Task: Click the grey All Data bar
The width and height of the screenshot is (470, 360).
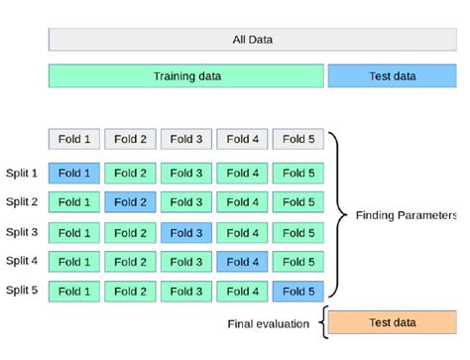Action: coord(252,40)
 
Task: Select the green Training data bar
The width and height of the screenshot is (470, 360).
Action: coord(186,76)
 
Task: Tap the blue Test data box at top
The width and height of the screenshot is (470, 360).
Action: coord(392,76)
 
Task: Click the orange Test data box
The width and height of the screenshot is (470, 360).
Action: coord(392,322)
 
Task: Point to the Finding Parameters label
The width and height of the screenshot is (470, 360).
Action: coord(406,215)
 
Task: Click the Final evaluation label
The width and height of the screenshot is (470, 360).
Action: coord(263,323)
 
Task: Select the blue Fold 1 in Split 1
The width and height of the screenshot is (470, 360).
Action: coord(74,173)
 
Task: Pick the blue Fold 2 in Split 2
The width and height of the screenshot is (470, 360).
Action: coord(130,202)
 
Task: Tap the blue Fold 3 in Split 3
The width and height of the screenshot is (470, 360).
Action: coord(186,232)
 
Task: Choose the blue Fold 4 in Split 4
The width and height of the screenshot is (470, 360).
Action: coord(242,262)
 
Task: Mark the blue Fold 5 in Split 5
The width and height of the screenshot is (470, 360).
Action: coord(297,292)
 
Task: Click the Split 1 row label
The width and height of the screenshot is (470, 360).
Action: coord(21,173)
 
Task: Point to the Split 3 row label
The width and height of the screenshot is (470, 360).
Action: coord(21,232)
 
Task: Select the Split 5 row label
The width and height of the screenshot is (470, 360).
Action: coord(21,292)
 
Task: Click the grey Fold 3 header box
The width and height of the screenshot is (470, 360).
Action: coord(186,140)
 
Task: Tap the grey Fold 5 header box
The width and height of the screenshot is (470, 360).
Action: coord(297,140)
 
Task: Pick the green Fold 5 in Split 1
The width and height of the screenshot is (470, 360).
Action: coord(297,173)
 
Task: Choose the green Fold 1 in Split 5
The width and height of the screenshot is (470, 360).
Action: coord(74,292)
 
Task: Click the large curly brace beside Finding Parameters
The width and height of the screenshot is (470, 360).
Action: coord(335,215)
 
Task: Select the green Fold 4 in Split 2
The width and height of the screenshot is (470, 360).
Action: coord(242,202)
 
